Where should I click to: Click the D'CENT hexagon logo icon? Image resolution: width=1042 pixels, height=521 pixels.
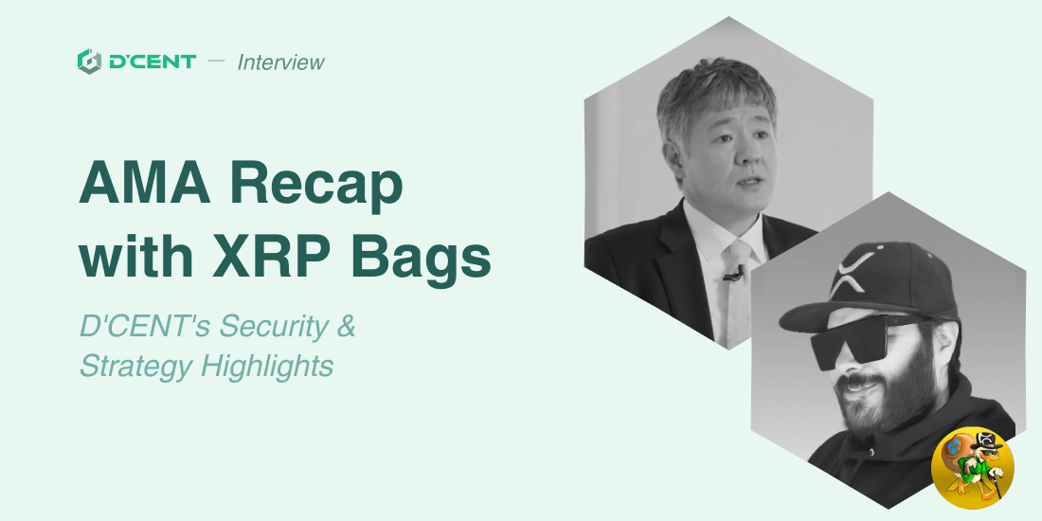pos(89,62)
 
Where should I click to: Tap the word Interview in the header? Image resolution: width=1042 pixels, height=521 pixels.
pos(281,62)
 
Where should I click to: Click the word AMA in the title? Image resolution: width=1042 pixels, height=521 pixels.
pos(146,183)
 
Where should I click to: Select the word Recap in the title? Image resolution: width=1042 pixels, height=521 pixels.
pos(317,189)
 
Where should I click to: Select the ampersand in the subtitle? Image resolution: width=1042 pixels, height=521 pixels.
pos(346,326)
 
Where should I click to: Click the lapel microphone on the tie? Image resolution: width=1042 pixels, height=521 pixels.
pos(732,273)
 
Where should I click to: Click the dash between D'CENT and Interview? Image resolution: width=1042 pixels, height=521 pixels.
pos(216,62)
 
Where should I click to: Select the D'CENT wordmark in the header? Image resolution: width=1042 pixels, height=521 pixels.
pos(153,62)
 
